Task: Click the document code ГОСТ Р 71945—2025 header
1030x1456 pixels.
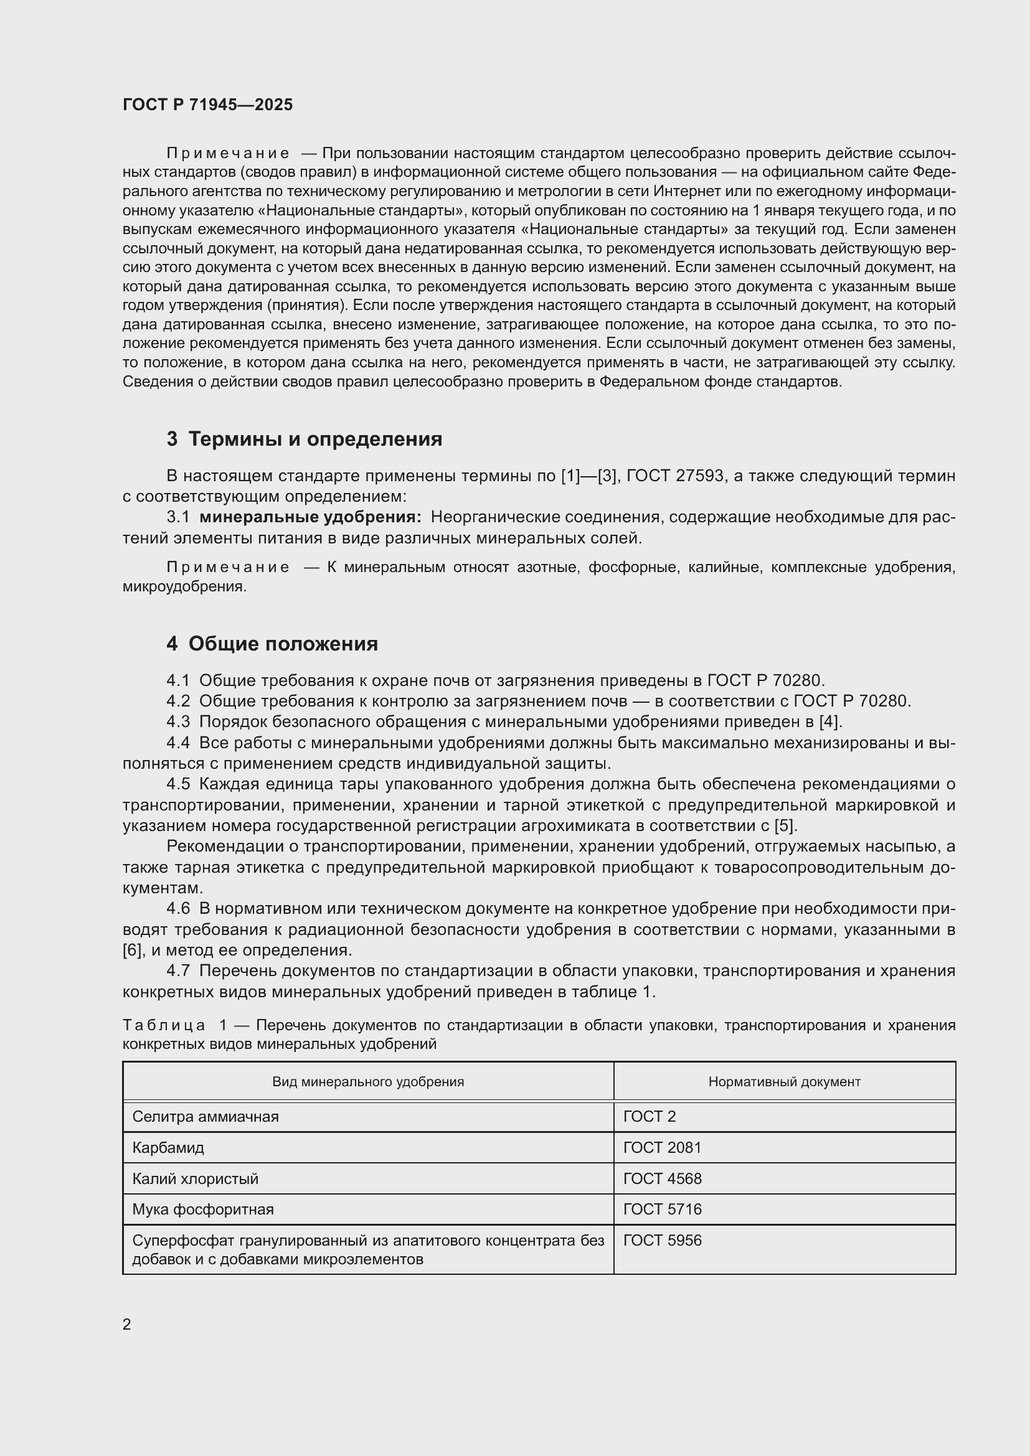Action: click(x=207, y=105)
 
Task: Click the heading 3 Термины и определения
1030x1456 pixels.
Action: click(x=305, y=439)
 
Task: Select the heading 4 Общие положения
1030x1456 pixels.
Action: click(x=272, y=644)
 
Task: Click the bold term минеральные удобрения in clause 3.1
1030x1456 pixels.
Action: click(x=310, y=517)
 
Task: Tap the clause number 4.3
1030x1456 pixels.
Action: click(x=178, y=721)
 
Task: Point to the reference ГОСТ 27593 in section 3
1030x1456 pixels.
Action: click(x=675, y=476)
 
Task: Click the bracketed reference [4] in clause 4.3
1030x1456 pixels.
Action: click(x=829, y=721)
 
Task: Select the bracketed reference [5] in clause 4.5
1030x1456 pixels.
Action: click(x=785, y=825)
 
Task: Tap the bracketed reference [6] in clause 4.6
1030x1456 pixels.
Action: click(x=132, y=950)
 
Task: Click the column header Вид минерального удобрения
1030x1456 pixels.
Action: click(x=368, y=1082)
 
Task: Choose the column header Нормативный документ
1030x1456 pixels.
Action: click(x=784, y=1082)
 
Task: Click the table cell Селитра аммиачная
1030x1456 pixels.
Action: click(x=206, y=1116)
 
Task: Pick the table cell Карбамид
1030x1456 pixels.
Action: click(x=168, y=1147)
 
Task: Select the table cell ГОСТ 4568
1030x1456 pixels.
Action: click(x=662, y=1178)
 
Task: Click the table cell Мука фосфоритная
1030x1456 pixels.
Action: click(x=203, y=1209)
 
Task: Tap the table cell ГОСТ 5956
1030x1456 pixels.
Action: click(x=662, y=1241)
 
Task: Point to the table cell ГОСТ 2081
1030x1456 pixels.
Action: click(x=662, y=1147)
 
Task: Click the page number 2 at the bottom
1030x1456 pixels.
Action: click(x=127, y=1325)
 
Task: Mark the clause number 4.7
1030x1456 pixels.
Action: click(x=178, y=971)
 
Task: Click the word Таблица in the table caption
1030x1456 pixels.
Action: click(x=164, y=1025)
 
